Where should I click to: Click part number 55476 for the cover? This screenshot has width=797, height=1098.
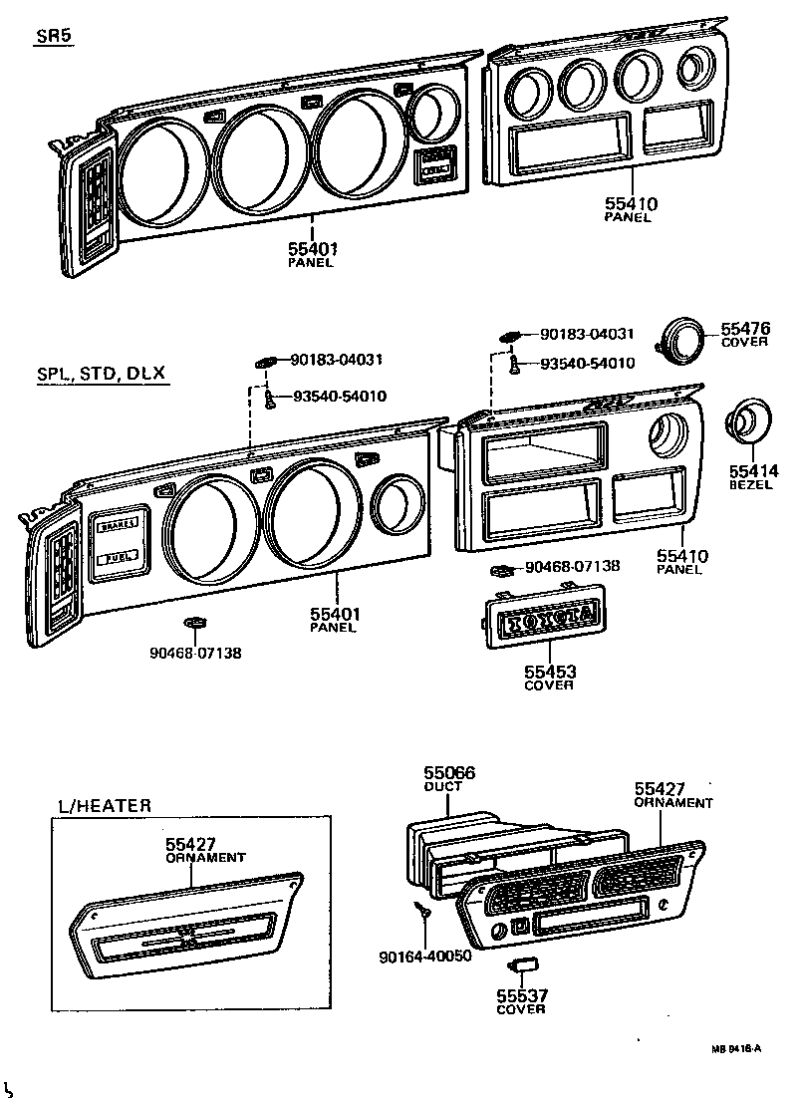tap(746, 328)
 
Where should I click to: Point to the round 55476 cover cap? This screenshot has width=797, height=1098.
tap(682, 340)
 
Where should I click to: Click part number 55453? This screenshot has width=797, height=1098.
tap(550, 672)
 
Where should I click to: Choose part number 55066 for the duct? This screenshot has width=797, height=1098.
tap(449, 772)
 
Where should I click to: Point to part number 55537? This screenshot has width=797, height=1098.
tap(521, 994)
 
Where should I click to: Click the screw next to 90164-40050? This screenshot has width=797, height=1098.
tap(421, 908)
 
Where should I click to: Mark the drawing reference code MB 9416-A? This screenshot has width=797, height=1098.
tap(736, 1048)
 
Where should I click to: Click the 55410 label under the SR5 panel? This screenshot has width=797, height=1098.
tap(630, 204)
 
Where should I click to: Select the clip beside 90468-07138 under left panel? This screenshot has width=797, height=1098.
tap(196, 625)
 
